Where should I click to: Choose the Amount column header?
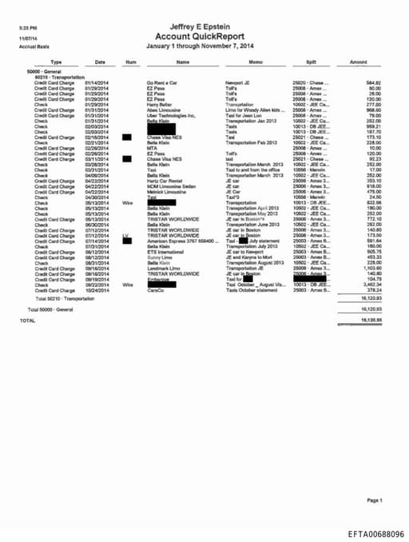tap(359, 62)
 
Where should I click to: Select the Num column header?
tap(131, 62)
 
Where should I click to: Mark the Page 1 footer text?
tap(375, 500)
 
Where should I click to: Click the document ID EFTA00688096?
tap(376, 533)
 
